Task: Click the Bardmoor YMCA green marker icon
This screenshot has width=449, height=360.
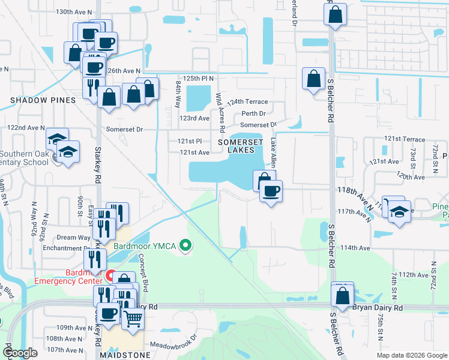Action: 186,245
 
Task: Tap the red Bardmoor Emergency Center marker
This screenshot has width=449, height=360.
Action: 110,276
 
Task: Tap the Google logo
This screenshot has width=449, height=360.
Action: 20,353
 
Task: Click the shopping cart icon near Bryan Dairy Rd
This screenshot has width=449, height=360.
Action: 133,317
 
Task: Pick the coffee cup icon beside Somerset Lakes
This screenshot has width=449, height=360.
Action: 270,191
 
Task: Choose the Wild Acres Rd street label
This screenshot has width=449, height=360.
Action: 220,112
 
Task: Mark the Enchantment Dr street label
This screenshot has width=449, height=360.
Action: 65,248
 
